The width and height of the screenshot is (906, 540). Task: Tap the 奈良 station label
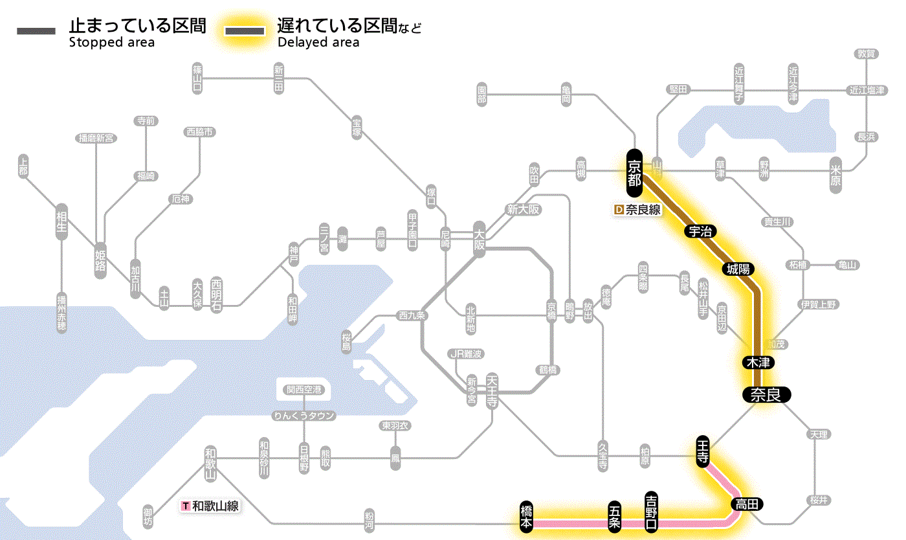(766, 394)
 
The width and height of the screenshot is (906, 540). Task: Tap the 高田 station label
(747, 504)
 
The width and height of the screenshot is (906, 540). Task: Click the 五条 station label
(615, 517)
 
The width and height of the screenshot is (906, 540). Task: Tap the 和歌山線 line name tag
(210, 506)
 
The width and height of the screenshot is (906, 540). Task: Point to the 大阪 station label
(479, 239)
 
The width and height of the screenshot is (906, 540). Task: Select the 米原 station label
(835, 174)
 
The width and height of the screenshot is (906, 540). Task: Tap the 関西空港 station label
(304, 390)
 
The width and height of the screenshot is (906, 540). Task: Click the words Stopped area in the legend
(112, 43)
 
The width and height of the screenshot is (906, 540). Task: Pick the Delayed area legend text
(318, 43)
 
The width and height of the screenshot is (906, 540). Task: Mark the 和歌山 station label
(210, 461)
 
